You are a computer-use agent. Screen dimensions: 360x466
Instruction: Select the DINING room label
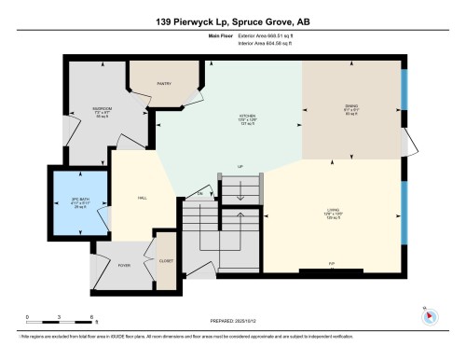click(350, 106)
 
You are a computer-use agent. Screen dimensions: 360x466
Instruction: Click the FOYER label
click(122, 264)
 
